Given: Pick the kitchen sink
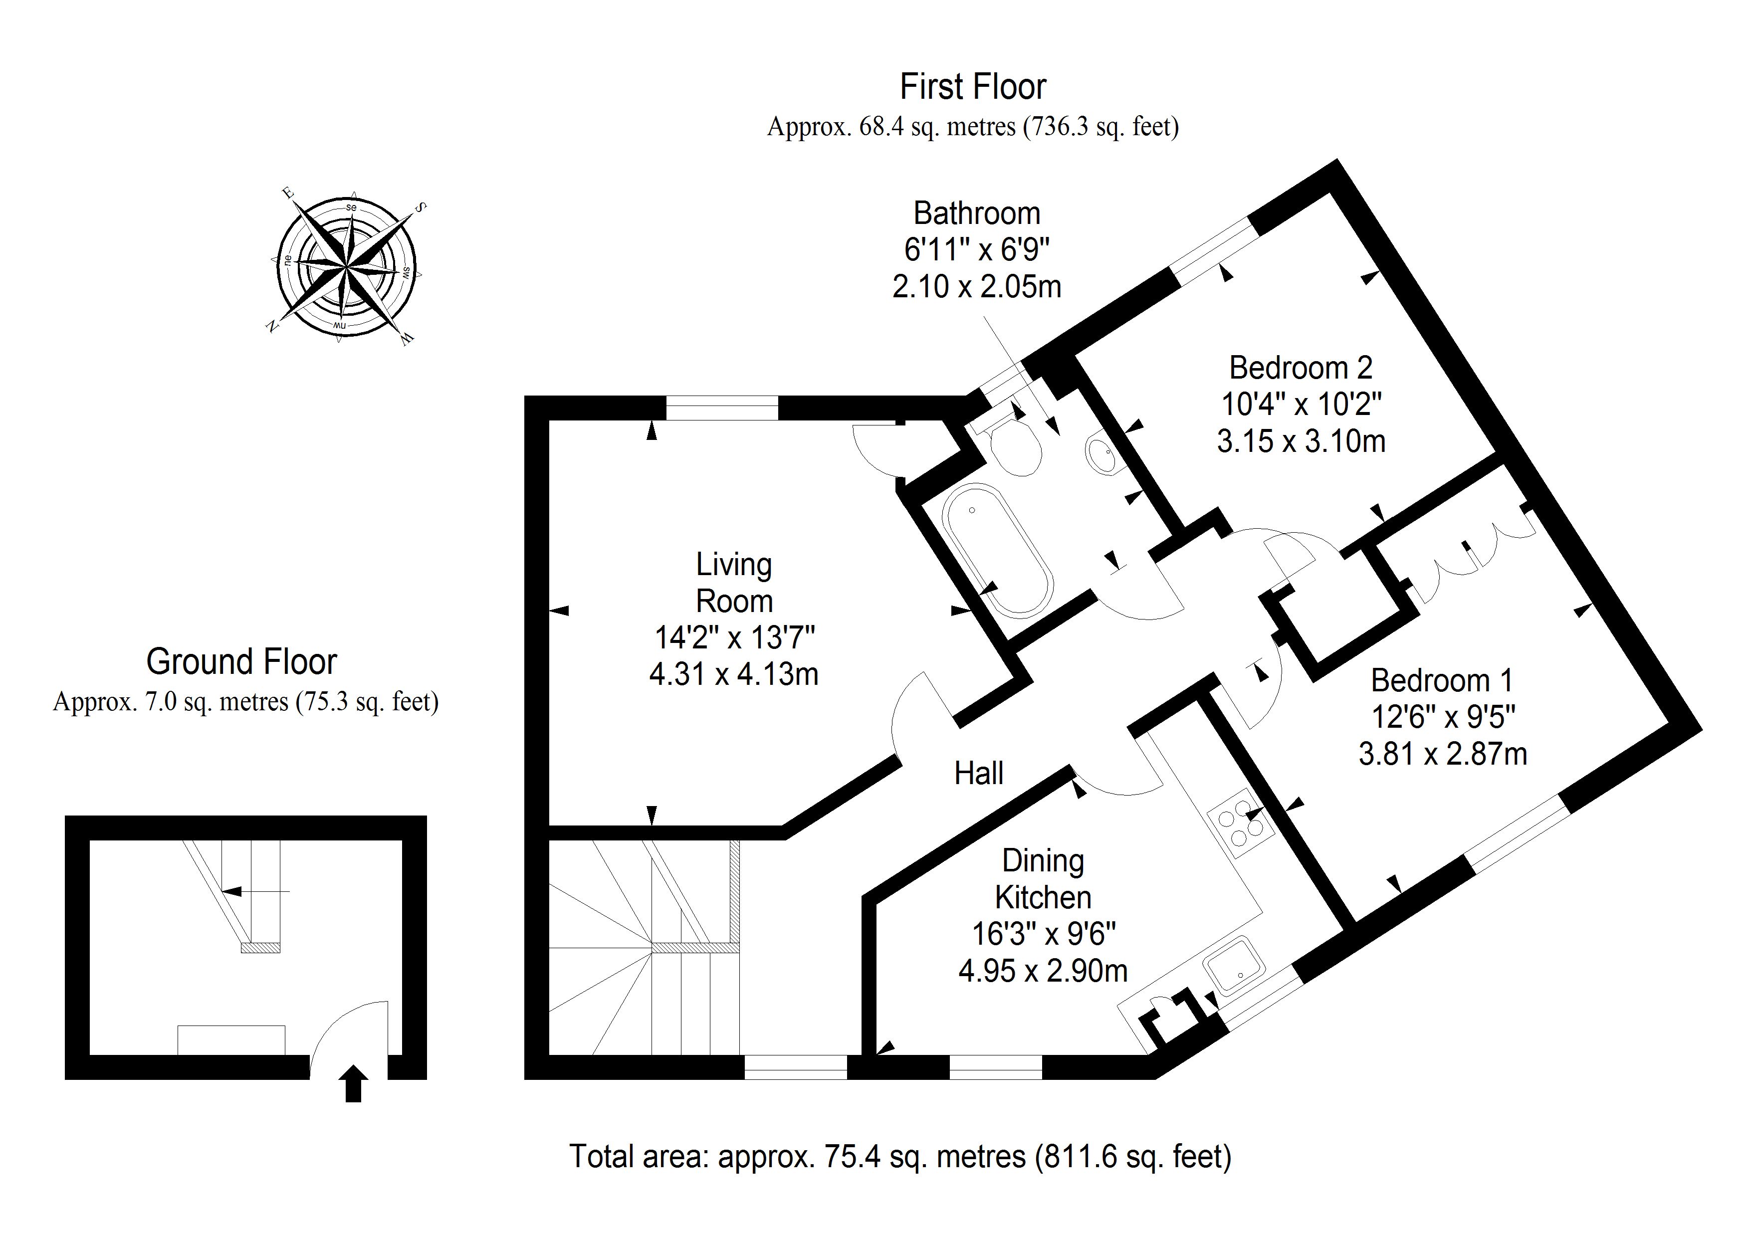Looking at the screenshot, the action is pyautogui.click(x=1235, y=966).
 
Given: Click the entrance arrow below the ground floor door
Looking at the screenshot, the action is pyautogui.click(x=353, y=1083).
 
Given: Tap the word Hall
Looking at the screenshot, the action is pyautogui.click(x=979, y=774).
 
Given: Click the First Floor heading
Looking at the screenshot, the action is pyautogui.click(x=973, y=87).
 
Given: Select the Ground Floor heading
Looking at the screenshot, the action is pyautogui.click(x=241, y=661).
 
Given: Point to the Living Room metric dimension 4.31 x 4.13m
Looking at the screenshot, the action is pyautogui.click(x=734, y=674).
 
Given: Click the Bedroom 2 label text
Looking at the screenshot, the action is pyautogui.click(x=1301, y=368).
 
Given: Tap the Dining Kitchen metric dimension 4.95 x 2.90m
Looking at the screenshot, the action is pyautogui.click(x=1043, y=971).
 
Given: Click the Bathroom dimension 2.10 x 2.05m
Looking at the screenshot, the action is pyautogui.click(x=976, y=287).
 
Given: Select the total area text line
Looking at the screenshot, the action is pyautogui.click(x=900, y=1156).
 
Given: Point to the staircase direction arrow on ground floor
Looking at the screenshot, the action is pyautogui.click(x=255, y=891).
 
